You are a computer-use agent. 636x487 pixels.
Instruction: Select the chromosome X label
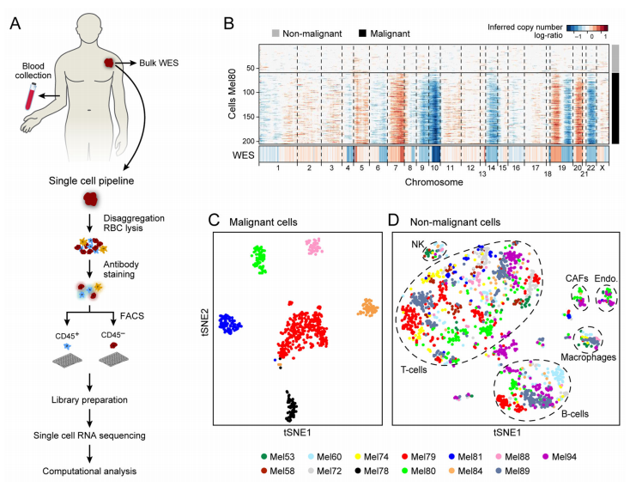603,169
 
